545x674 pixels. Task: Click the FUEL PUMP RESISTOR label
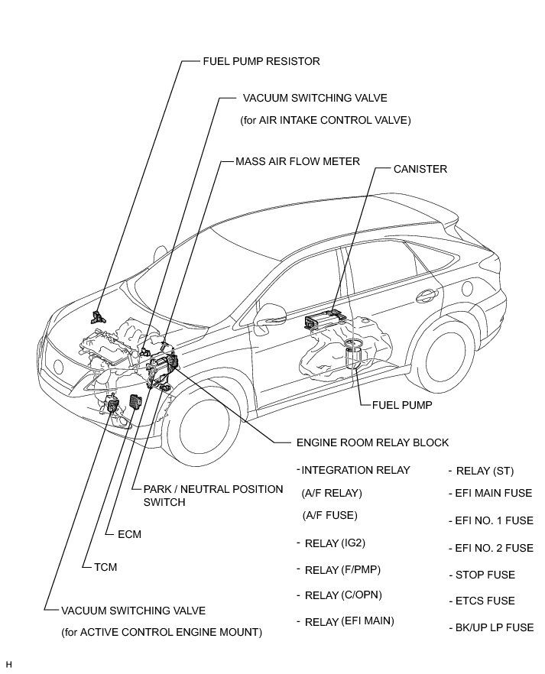(261, 61)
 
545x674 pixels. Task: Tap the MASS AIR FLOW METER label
(297, 162)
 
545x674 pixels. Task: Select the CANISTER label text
(420, 169)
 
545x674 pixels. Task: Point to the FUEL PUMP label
(401, 404)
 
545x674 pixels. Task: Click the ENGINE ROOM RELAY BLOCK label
(372, 442)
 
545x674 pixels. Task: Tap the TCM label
(105, 566)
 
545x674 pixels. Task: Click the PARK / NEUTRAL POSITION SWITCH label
(207, 496)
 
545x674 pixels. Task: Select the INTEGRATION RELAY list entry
(355, 470)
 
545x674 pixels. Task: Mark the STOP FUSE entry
(485, 575)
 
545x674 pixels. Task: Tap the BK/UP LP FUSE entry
(493, 627)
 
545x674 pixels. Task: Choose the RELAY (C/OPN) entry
(343, 595)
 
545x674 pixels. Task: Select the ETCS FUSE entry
(485, 601)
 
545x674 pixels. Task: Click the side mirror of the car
(269, 312)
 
